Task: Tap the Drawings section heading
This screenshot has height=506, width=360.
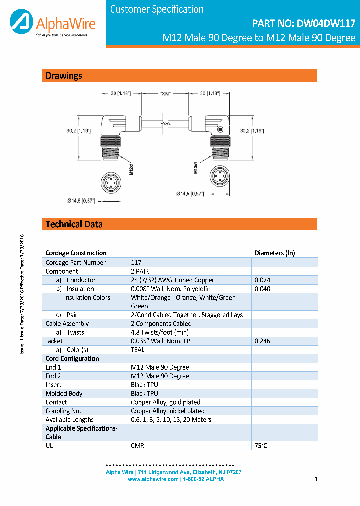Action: coord(64,76)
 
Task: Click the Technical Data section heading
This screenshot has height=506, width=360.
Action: coord(74,224)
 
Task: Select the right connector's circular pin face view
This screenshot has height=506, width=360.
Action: coord(220,176)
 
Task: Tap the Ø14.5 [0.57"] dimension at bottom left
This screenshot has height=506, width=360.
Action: coord(81,201)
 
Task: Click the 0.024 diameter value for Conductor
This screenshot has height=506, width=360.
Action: coord(263,280)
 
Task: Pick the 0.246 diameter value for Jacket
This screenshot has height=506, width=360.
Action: coord(263,341)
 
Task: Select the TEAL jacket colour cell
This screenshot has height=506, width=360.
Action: coord(138,350)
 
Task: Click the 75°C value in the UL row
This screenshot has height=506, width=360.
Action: coord(261,445)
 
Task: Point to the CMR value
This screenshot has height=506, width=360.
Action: coord(137,445)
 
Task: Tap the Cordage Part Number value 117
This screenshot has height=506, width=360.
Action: coord(136,263)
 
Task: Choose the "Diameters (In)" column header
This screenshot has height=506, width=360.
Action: coord(275,253)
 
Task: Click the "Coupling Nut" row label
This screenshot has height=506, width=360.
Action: coord(63,411)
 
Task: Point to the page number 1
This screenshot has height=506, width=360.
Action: coord(316,480)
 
